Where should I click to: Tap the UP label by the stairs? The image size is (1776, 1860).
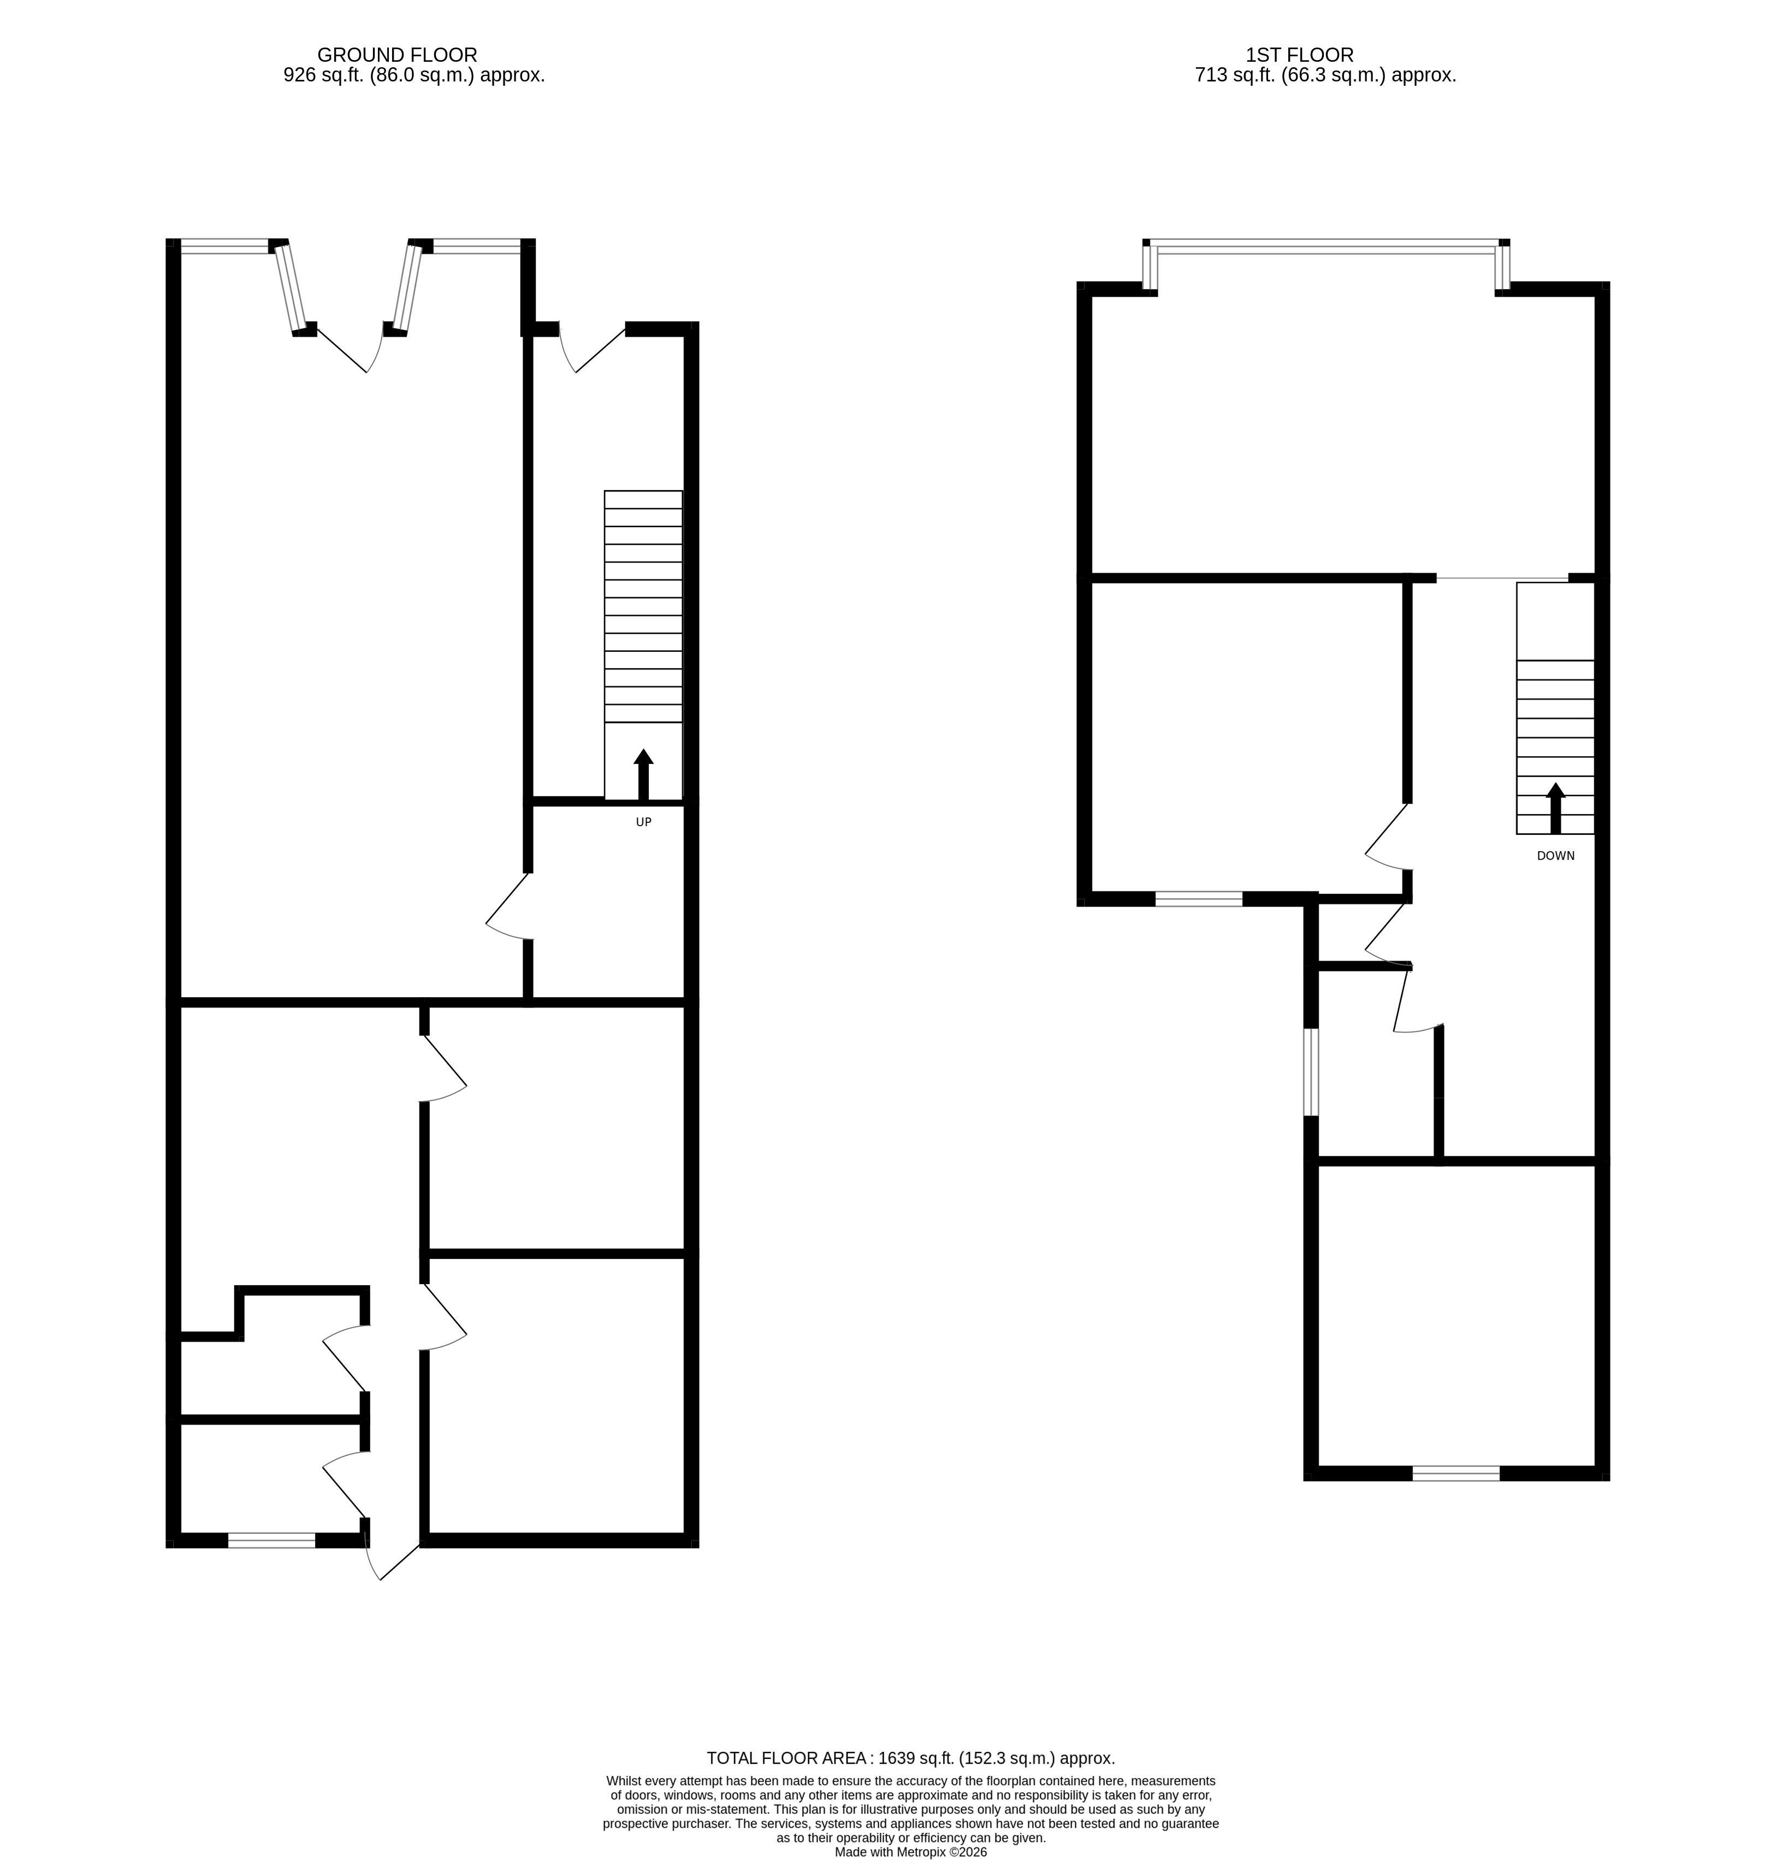click(x=644, y=822)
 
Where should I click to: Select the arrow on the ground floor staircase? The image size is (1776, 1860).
click(x=644, y=775)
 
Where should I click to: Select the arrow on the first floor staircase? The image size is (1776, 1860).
click(x=1555, y=808)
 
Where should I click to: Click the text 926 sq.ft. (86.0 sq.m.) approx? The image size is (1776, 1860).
click(x=414, y=76)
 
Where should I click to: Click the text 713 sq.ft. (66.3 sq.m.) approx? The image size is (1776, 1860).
click(x=1325, y=76)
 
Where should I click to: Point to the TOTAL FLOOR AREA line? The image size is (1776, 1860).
click(x=911, y=1759)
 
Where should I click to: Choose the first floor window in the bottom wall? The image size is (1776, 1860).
click(x=1456, y=1474)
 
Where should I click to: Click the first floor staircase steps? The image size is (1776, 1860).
click(x=1555, y=708)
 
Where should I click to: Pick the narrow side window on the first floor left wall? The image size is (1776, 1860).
click(x=1311, y=1072)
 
